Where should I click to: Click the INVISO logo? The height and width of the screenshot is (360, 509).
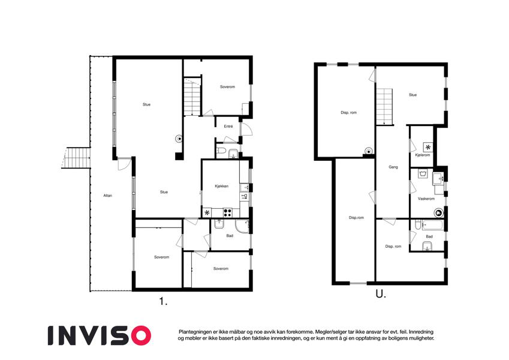(100, 335)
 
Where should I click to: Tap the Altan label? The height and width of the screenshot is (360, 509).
(108, 196)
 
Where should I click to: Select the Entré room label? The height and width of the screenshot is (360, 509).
(228, 127)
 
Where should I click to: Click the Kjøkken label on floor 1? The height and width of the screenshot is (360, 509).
(222, 186)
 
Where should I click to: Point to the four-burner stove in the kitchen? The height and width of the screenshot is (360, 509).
(228, 213)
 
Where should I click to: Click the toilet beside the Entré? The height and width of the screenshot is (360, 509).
(221, 151)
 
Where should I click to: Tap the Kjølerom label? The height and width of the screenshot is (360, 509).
(422, 155)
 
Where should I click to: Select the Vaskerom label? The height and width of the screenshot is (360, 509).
(426, 199)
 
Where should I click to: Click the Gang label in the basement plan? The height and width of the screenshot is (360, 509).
(393, 167)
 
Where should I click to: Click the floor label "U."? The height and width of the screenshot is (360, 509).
(381, 294)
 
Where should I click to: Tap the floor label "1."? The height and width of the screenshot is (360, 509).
(163, 302)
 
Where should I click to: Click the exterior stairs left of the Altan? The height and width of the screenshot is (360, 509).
(77, 158)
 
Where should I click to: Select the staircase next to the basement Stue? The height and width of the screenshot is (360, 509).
(385, 107)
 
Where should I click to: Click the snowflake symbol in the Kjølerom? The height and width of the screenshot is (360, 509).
(428, 147)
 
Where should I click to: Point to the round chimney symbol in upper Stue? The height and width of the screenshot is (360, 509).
(179, 139)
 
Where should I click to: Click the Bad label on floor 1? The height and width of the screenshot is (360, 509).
(230, 236)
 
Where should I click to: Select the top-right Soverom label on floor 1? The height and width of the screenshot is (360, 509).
(227, 87)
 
